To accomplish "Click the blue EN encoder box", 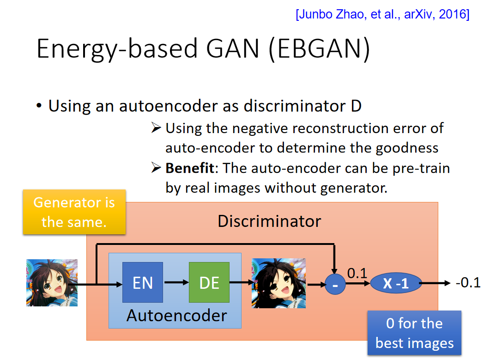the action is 143,282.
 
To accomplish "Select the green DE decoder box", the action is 209,282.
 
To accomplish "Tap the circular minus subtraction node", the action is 335,284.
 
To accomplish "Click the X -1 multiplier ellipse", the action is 396,283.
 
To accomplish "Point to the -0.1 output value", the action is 468,282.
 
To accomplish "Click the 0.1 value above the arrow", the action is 357,273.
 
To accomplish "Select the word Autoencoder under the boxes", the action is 176,316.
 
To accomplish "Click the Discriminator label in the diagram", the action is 269,221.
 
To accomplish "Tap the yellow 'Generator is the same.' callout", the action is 74,212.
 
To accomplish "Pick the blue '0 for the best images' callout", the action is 414,333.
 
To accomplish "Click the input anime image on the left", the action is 52,283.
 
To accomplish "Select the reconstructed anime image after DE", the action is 279,283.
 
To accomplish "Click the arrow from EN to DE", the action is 176,282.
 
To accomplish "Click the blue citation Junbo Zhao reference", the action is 382,14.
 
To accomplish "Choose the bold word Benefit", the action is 190,168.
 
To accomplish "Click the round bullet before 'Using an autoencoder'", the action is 39,106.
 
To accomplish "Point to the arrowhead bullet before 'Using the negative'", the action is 156,127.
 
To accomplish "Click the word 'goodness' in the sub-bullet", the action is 407,148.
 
